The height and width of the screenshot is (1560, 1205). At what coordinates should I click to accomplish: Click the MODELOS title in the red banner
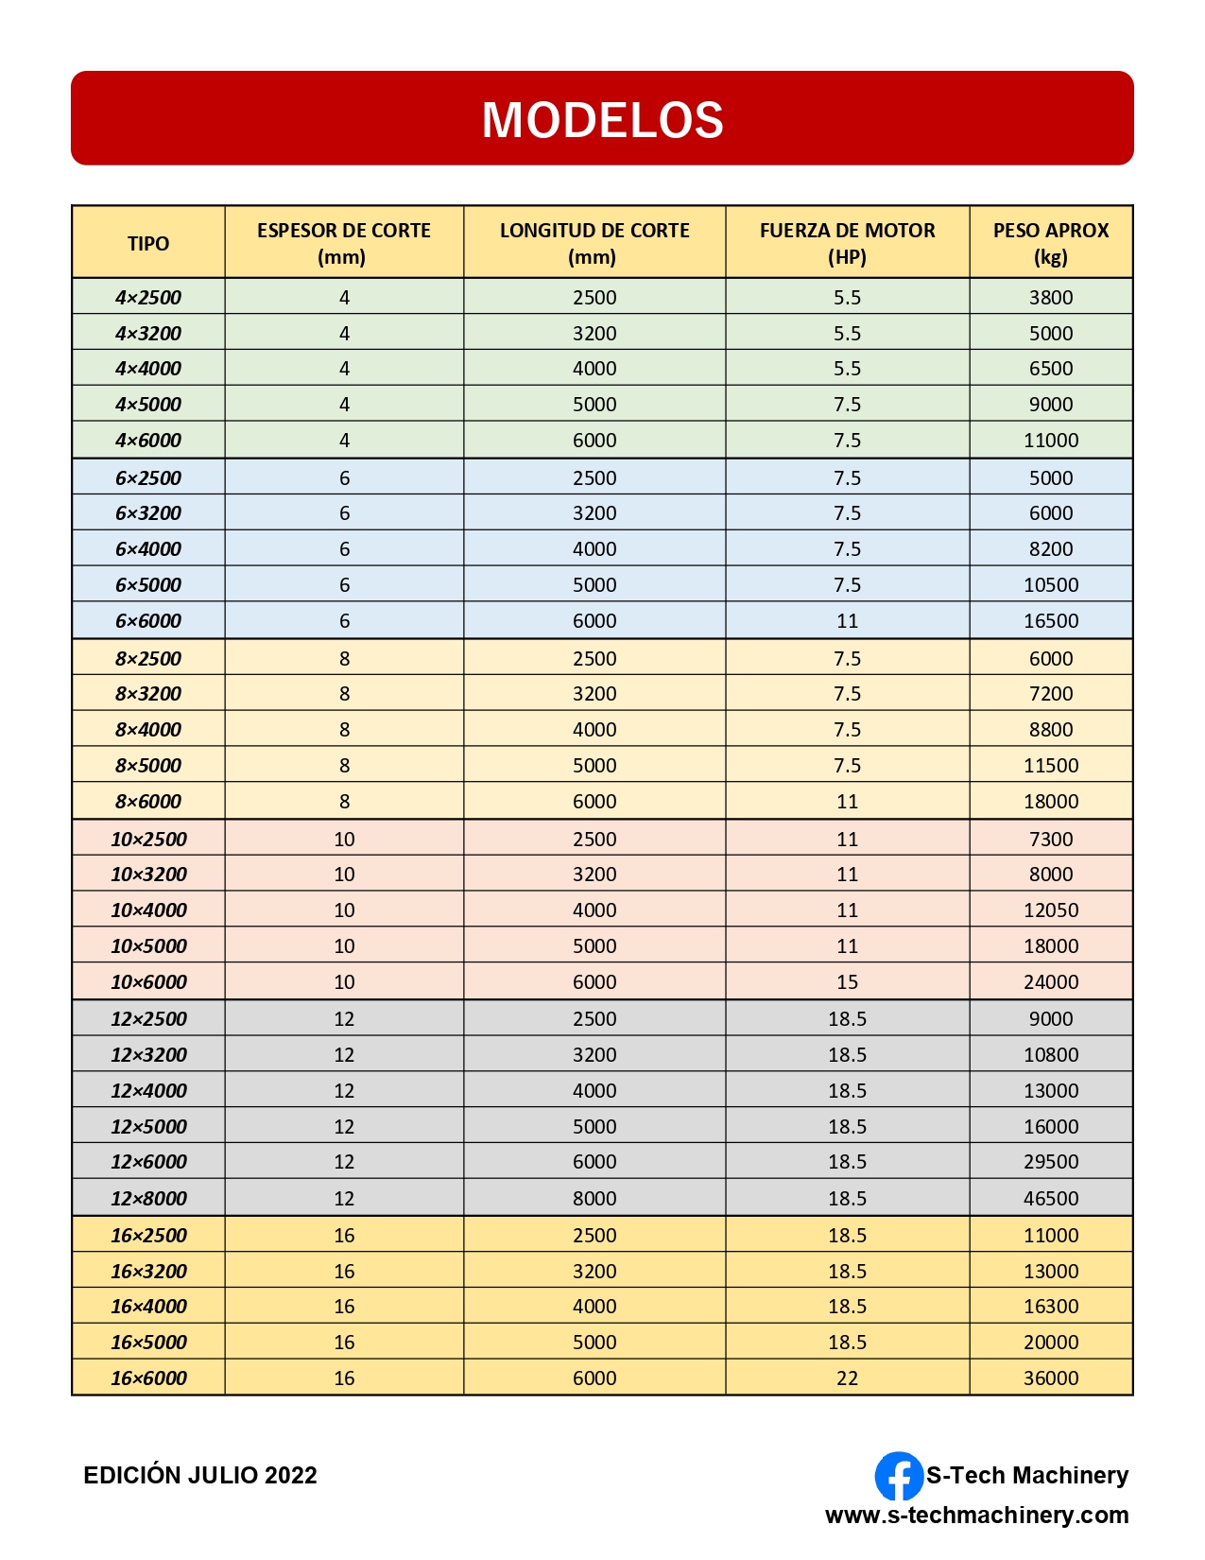point(602,120)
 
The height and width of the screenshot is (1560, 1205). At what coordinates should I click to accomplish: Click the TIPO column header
point(148,243)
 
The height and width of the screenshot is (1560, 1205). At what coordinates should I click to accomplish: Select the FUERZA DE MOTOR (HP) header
point(847,243)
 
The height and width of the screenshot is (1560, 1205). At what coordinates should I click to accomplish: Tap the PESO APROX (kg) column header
point(1050,243)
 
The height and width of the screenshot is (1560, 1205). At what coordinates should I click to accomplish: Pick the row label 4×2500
point(148,297)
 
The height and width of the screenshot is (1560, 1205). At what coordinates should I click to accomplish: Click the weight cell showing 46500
point(1050,1198)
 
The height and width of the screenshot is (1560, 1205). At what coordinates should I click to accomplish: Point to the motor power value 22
point(847,1378)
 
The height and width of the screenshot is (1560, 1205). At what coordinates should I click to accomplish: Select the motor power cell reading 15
point(847,981)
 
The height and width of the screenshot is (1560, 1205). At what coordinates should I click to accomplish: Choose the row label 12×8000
point(148,1198)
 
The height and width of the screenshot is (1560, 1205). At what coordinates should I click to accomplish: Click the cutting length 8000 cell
point(594,1198)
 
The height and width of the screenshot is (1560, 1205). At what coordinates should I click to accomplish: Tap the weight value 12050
point(1050,910)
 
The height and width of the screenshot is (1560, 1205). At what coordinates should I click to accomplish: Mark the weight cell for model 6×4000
point(1050,548)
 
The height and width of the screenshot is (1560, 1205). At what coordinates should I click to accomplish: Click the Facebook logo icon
point(898,1476)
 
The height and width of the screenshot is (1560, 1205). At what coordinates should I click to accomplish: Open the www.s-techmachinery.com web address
point(976,1515)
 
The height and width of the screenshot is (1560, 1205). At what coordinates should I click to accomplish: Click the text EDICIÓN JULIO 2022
point(200,1475)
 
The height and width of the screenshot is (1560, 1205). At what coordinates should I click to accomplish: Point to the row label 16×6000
point(148,1378)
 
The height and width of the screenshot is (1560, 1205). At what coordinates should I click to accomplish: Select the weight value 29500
point(1050,1161)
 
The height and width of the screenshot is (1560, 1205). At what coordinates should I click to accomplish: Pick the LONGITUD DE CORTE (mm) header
point(594,243)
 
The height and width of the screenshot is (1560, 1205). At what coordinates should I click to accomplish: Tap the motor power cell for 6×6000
point(847,620)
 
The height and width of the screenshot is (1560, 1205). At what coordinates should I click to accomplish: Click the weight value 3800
point(1050,297)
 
